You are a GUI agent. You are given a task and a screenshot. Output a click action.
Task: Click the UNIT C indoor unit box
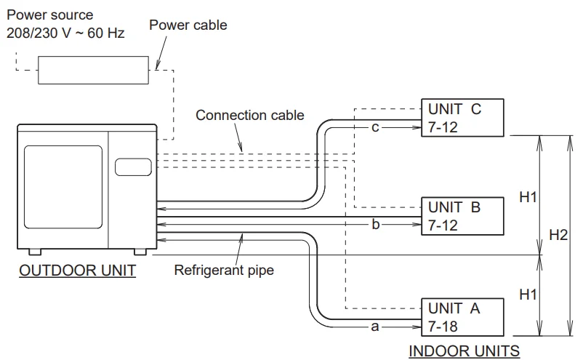(x=462, y=118)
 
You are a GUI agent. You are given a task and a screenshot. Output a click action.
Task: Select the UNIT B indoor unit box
(x=462, y=216)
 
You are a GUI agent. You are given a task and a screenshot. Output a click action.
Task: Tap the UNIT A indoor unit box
(x=462, y=316)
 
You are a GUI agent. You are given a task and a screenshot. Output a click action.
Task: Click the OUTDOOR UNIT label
(x=76, y=271)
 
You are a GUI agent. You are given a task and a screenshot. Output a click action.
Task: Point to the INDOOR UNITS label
(x=464, y=351)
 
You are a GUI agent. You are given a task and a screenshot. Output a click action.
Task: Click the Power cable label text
(x=188, y=25)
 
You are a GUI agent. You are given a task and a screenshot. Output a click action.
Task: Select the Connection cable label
(x=249, y=116)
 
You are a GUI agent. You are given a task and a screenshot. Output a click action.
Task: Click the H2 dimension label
(x=558, y=235)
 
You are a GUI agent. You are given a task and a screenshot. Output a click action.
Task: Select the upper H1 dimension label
(x=528, y=196)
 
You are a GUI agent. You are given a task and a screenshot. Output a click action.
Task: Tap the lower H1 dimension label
(x=528, y=295)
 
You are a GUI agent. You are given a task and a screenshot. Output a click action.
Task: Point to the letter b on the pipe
(x=375, y=225)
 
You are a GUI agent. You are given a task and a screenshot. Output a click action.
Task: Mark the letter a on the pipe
(x=375, y=327)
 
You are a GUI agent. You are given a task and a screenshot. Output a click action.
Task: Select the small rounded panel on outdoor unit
(x=134, y=167)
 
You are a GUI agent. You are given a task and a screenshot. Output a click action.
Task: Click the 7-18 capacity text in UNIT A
(x=443, y=326)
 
